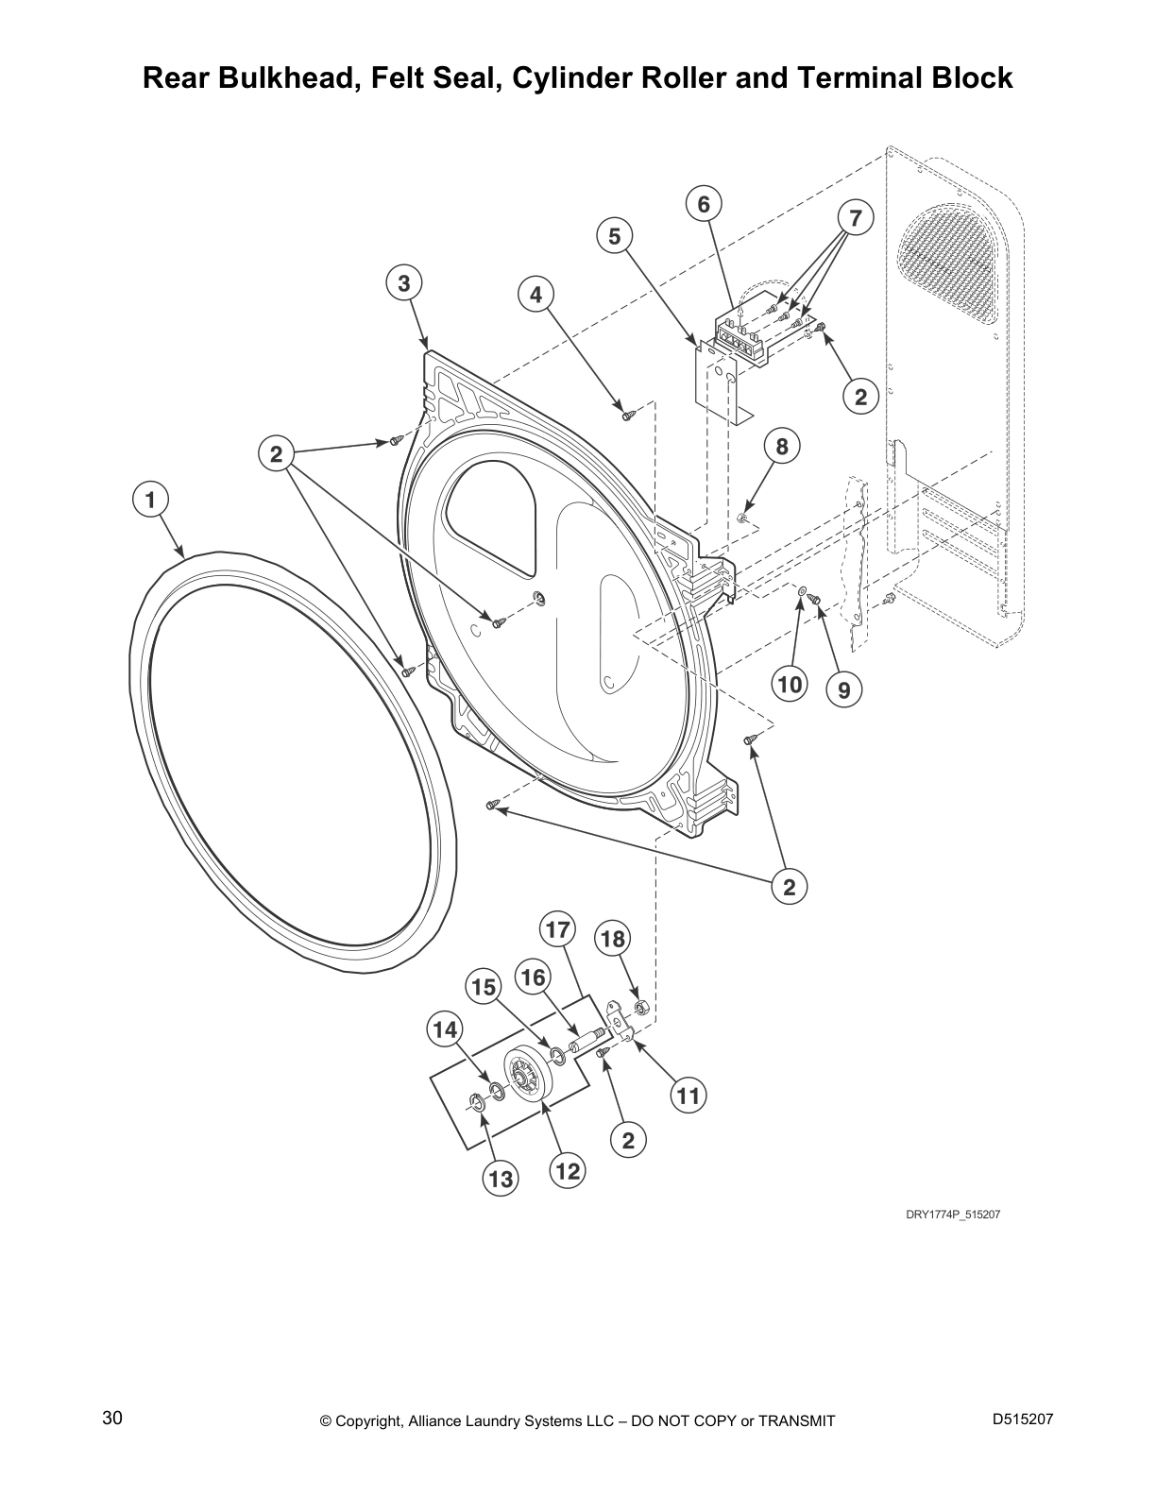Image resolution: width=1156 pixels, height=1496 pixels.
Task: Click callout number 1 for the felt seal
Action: (149, 499)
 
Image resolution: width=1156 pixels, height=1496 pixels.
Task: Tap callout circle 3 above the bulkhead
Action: (403, 282)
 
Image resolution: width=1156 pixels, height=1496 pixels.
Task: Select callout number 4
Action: (535, 295)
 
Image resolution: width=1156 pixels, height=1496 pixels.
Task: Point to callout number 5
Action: (615, 236)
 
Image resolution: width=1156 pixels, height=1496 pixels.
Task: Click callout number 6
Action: (704, 204)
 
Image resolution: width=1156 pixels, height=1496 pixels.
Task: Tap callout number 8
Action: (782, 446)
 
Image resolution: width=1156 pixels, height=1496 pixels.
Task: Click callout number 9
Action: (843, 690)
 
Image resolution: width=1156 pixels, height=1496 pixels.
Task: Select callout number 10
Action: (790, 683)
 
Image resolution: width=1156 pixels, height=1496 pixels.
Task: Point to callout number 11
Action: (688, 1096)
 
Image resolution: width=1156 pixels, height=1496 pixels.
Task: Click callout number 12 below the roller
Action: (567, 1172)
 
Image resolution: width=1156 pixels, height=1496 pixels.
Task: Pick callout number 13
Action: (501, 1179)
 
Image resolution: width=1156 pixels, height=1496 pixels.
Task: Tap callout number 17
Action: (557, 930)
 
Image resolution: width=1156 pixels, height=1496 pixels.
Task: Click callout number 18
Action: (612, 939)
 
